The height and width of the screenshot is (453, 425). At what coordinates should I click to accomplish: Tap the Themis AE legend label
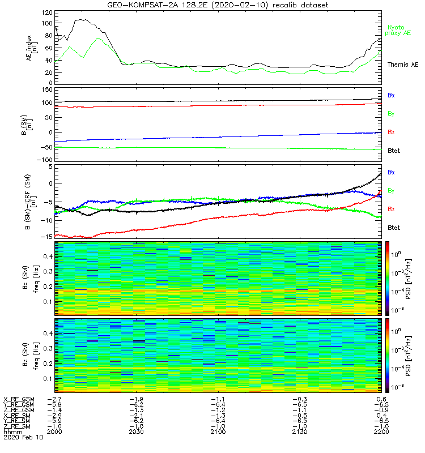coord(403,65)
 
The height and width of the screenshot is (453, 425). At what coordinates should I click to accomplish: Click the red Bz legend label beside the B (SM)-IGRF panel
coord(391,209)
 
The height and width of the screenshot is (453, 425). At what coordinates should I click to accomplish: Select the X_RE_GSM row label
coord(19,399)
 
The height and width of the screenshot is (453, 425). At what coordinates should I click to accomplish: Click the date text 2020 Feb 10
coord(23,438)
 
